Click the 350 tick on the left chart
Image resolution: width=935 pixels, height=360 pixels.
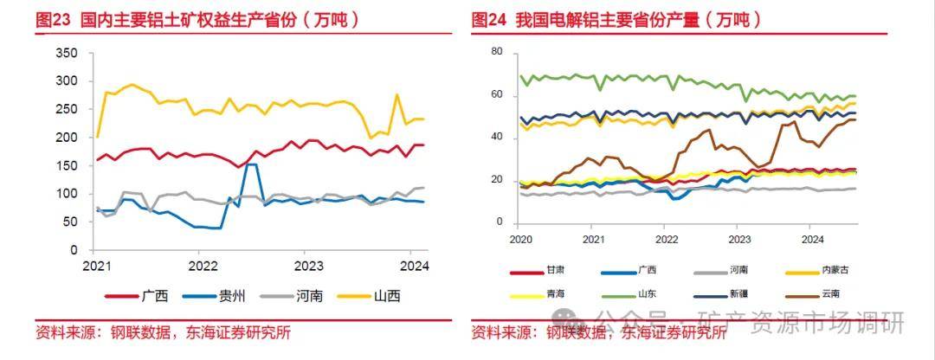(x=67, y=54)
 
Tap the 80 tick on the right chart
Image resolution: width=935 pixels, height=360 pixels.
(x=497, y=52)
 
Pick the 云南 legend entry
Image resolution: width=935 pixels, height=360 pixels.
(x=830, y=293)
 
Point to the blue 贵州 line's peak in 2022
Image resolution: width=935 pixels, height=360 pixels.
(x=251, y=164)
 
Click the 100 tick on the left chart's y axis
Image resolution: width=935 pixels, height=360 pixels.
(x=67, y=194)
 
